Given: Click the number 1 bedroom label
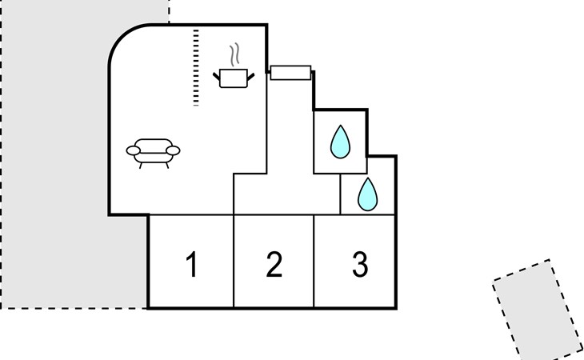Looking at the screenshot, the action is click(192, 264).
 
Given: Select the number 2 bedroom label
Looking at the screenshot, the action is click(274, 264).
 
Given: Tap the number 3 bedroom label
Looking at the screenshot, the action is click(360, 264).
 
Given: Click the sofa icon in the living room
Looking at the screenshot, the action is click(153, 154).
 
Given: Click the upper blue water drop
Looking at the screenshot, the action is click(340, 142).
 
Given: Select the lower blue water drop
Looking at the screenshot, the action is click(368, 194).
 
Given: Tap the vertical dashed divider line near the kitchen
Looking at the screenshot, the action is click(196, 67).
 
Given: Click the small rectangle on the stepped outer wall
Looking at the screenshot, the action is click(290, 73).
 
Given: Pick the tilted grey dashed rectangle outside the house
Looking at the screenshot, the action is click(538, 310).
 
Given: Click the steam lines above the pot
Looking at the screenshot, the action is click(234, 54).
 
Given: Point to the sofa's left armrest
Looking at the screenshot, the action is click(133, 150).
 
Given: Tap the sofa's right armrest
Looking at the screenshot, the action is click(173, 150).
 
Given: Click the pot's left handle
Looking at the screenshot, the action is click(216, 76).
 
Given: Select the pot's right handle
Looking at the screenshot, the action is click(250, 77).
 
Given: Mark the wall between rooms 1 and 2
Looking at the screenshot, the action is click(234, 262).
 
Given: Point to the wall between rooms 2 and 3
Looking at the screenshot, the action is click(314, 262).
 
